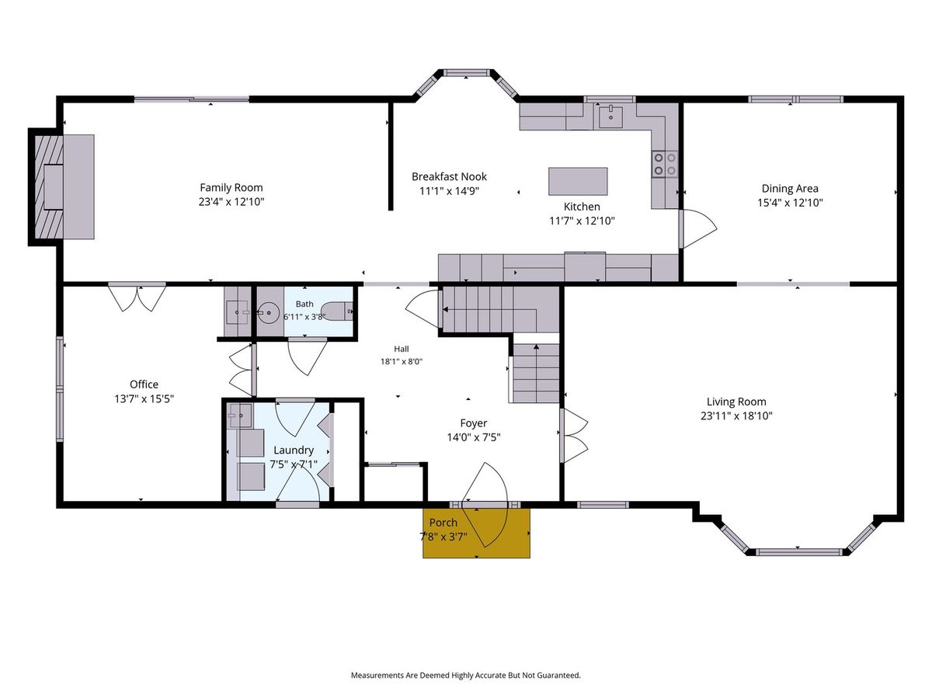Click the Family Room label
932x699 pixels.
pyautogui.click(x=231, y=188)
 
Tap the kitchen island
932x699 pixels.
pyautogui.click(x=578, y=181)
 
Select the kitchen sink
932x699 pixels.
pyautogui.click(x=610, y=117)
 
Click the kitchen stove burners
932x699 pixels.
pyautogui.click(x=665, y=164)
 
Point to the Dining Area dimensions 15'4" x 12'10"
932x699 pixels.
pyautogui.click(x=790, y=203)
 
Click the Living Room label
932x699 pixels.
pyautogui.click(x=736, y=402)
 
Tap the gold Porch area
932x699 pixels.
pyautogui.click(x=476, y=533)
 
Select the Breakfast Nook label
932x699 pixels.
pyautogui.click(x=449, y=176)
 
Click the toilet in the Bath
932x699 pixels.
pyautogui.click(x=337, y=312)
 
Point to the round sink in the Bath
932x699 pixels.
pyautogui.click(x=269, y=313)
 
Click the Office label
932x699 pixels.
pyautogui.click(x=144, y=384)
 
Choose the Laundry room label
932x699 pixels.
pyautogui.click(x=294, y=450)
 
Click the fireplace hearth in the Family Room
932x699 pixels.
pyautogui.click(x=78, y=186)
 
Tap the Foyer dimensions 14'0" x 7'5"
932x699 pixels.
pyautogui.click(x=474, y=437)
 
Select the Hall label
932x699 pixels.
pyautogui.click(x=402, y=349)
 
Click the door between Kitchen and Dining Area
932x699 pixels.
pyautogui.click(x=698, y=229)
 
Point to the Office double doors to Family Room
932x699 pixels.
pyautogui.click(x=137, y=297)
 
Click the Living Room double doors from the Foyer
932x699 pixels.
pyautogui.click(x=574, y=436)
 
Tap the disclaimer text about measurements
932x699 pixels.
pyautogui.click(x=465, y=675)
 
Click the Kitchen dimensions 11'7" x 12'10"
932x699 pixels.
pyautogui.click(x=582, y=221)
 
